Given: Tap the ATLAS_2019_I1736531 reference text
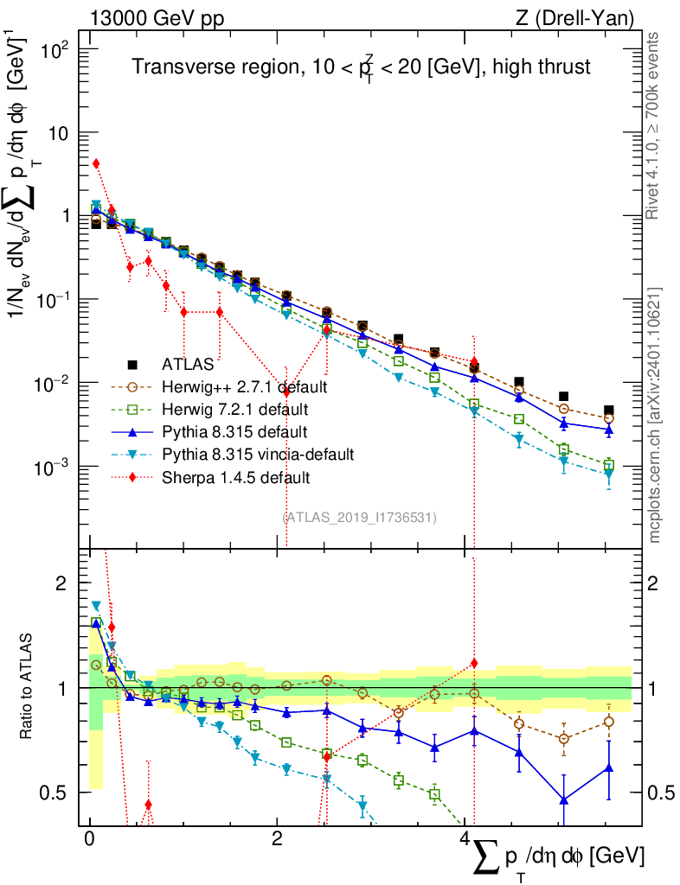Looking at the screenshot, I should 360,518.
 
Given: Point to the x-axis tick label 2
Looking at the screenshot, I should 277,840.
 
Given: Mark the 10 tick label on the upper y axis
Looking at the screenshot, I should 60,133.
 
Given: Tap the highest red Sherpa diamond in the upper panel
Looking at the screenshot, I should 96,163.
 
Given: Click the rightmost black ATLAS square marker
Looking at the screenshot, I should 609,411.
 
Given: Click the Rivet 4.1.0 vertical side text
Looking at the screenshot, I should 654,124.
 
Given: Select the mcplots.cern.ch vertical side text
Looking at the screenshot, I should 654,415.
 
